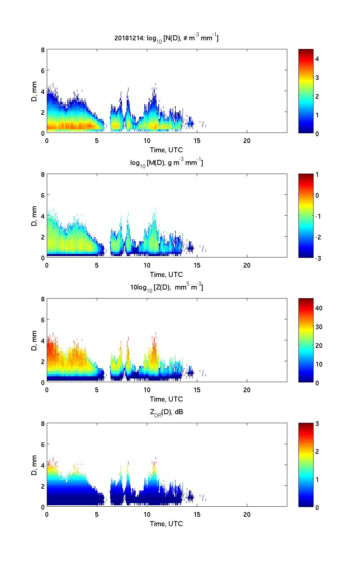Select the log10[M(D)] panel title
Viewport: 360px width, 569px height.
166,163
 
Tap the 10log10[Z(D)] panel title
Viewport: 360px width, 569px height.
166,287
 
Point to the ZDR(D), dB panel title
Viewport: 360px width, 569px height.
166,412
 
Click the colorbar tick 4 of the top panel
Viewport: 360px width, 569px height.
317,59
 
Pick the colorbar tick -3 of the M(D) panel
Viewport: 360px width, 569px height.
319,258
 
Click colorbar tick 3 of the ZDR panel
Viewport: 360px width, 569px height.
317,424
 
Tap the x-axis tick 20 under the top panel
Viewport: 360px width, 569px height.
247,140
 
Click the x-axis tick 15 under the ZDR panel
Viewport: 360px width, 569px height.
197,514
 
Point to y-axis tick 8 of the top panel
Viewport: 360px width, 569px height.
43,50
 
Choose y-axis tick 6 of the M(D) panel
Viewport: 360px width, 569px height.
43,195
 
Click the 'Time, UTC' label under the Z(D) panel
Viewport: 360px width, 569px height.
166,399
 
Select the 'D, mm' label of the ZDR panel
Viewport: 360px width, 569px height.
34,465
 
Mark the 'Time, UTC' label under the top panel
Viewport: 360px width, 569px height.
166,150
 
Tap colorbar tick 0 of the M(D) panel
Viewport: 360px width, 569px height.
317,195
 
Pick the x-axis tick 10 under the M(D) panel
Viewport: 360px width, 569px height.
147,265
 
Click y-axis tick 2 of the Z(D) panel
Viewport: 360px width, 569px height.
43,361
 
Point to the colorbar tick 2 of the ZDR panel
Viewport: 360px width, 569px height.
317,452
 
